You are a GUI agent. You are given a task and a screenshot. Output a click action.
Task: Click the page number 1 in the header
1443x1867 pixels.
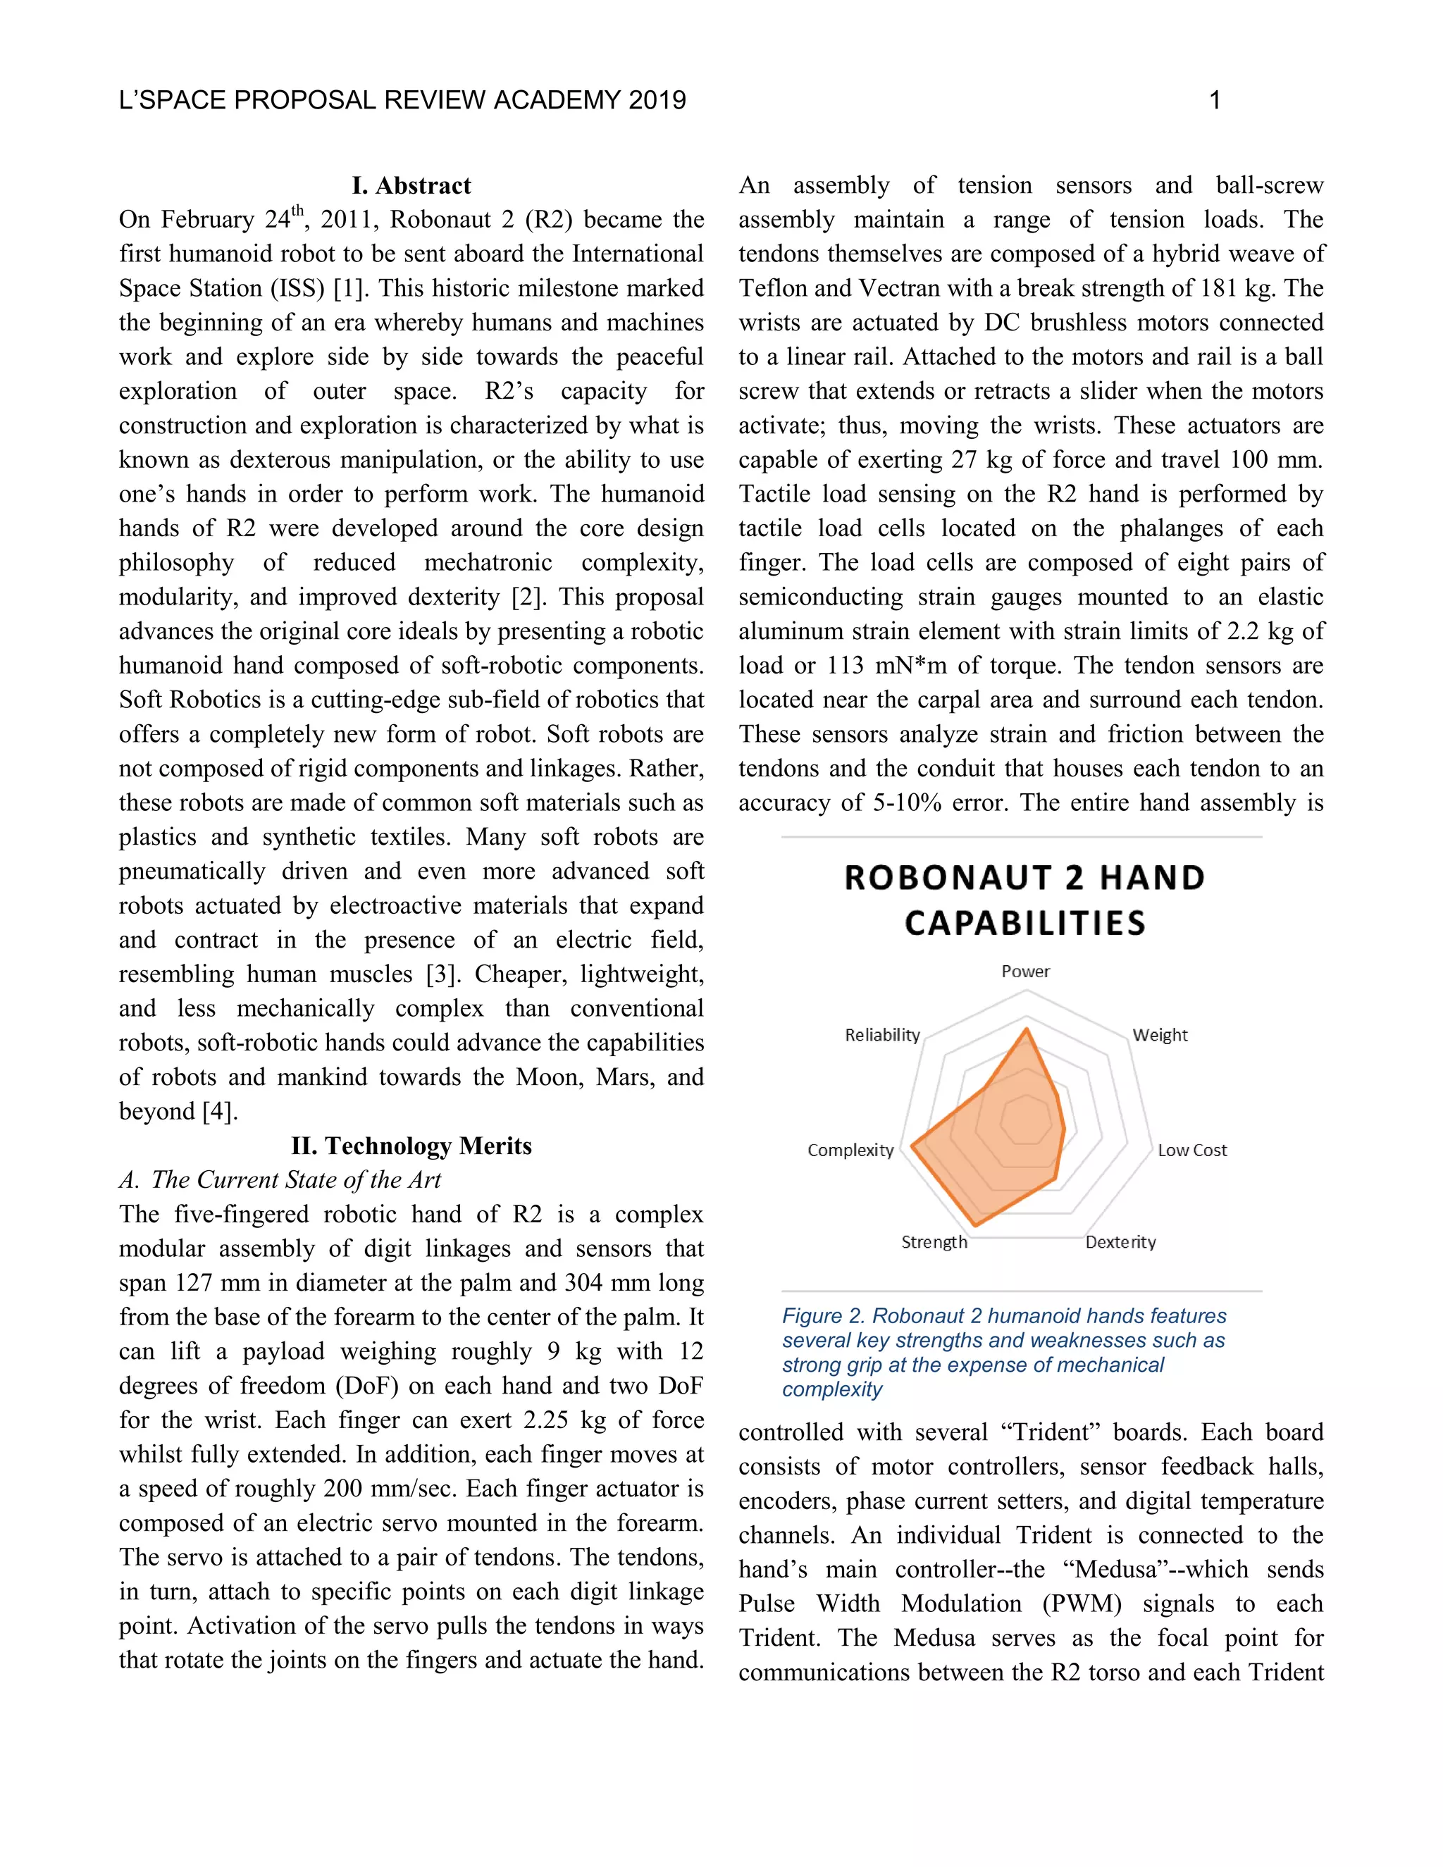(x=1214, y=101)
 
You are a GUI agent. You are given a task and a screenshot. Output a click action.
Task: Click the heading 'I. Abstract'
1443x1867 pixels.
(x=411, y=185)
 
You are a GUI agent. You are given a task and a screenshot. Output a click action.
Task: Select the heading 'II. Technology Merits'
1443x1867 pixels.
(x=411, y=1146)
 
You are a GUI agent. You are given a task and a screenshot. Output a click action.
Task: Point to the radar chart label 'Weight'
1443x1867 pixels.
(x=1159, y=1034)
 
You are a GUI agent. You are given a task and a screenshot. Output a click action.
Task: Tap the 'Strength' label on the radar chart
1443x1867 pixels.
(x=934, y=1241)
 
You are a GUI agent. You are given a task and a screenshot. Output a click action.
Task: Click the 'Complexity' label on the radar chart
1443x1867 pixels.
(x=850, y=1150)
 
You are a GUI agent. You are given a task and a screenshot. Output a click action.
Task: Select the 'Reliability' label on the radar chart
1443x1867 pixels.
(x=881, y=1034)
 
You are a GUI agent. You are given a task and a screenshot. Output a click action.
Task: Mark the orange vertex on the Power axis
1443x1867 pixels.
(x=1027, y=1030)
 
